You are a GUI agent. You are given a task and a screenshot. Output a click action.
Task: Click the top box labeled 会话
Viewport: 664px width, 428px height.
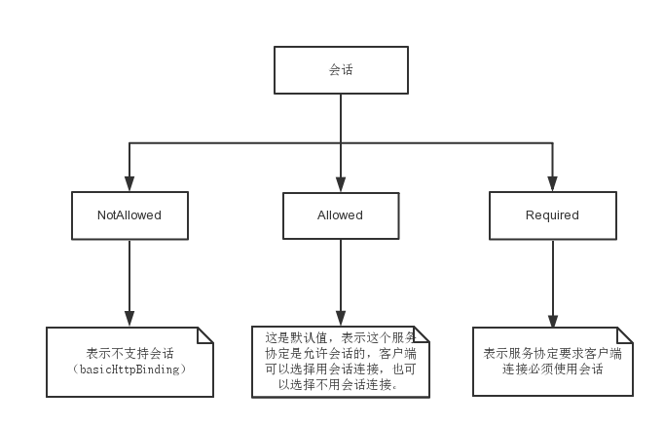[x=341, y=70]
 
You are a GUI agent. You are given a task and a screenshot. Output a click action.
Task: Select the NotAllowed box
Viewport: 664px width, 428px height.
[x=129, y=215]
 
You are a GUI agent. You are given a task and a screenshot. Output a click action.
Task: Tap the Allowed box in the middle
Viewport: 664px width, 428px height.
[x=341, y=215]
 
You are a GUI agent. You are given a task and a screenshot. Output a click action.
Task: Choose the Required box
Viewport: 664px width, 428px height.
[x=553, y=215]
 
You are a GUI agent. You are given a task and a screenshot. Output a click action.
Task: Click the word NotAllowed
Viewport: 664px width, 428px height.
[x=129, y=215]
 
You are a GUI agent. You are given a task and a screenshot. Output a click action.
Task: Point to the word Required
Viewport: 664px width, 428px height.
[x=552, y=215]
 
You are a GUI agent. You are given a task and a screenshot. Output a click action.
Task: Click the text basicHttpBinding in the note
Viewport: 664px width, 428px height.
[x=129, y=370]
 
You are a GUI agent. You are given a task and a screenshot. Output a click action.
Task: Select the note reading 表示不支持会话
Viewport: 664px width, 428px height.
[x=129, y=362]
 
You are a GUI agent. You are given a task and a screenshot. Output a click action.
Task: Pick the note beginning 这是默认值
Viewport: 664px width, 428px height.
[x=341, y=362]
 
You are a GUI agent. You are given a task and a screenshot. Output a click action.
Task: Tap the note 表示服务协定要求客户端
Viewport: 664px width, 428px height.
[x=553, y=362]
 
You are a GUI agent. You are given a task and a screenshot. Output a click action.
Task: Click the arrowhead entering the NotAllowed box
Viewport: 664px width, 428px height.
[x=129, y=183]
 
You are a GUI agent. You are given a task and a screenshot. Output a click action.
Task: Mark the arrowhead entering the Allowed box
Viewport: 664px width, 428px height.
[x=341, y=184]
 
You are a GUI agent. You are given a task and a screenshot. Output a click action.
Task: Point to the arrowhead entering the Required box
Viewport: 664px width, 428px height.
[x=552, y=183]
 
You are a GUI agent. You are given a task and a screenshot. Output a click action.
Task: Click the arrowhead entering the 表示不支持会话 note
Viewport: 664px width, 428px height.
[x=129, y=319]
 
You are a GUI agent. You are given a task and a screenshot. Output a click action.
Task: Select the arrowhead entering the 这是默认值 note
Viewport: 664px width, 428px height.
[x=341, y=318]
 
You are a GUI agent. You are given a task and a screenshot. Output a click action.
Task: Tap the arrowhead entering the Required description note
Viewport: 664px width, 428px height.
[x=553, y=321]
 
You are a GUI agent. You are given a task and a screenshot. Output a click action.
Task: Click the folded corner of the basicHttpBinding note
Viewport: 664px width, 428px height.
[x=205, y=335]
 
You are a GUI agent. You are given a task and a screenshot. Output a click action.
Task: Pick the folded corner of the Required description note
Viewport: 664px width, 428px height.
[x=625, y=335]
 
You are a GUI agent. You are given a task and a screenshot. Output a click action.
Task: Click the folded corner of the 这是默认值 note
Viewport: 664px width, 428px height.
[x=422, y=334]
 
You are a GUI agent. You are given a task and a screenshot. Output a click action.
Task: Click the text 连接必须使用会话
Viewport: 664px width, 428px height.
[x=553, y=370]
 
